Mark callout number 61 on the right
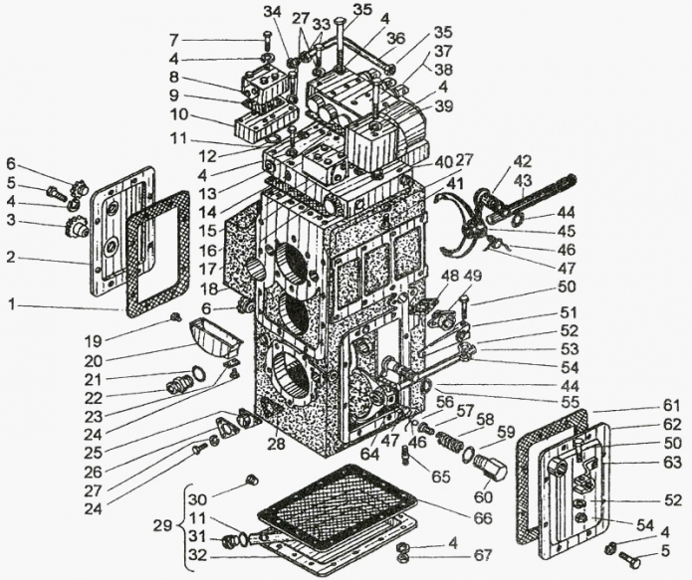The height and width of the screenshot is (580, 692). [672, 405]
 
